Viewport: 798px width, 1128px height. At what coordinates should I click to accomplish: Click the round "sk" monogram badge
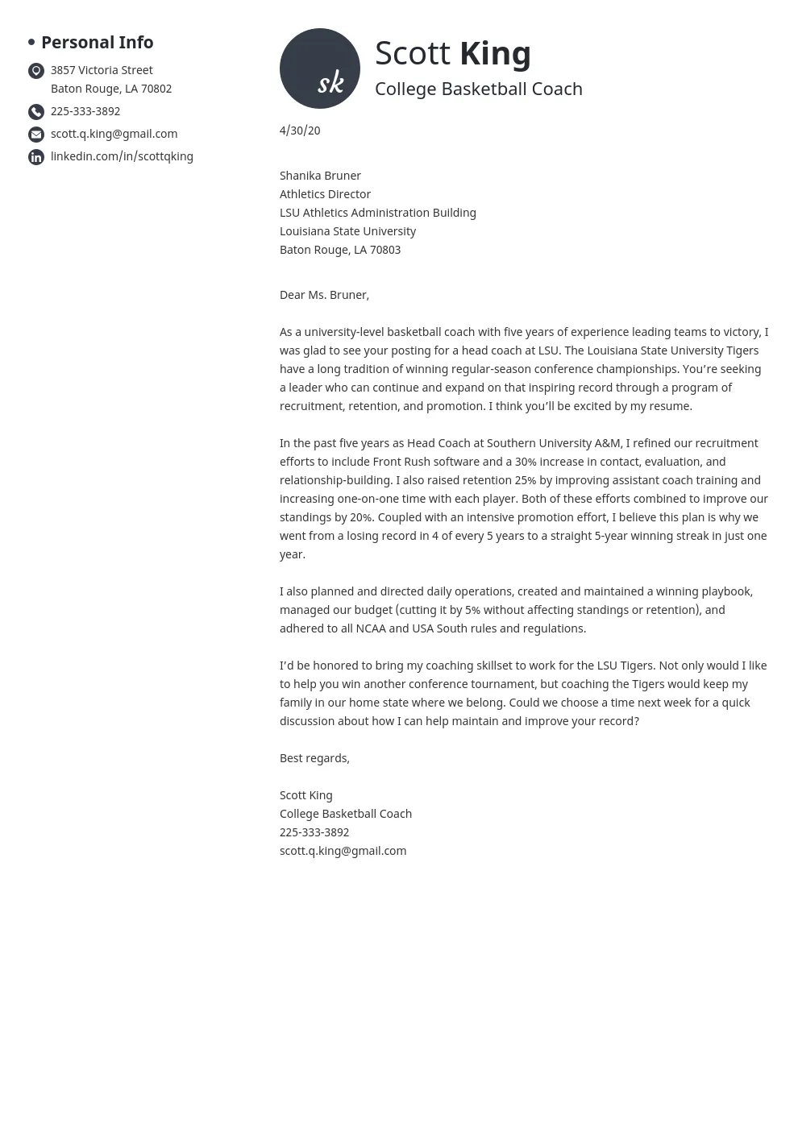coord(320,68)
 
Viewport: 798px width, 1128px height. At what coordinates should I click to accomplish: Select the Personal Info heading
coord(97,42)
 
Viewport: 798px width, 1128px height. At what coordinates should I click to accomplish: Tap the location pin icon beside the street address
coord(36,71)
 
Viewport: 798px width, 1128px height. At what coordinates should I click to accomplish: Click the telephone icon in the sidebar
coord(36,112)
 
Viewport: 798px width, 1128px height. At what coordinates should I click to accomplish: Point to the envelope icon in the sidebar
coord(36,135)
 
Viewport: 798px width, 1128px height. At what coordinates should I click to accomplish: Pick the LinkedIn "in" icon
coord(36,157)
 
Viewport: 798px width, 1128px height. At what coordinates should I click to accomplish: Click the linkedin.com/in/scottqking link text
coord(122,156)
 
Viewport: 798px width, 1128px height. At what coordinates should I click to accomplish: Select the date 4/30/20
coord(300,131)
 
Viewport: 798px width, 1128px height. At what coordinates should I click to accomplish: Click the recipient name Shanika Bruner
coord(320,176)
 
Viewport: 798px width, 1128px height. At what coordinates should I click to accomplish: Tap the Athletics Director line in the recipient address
coord(325,194)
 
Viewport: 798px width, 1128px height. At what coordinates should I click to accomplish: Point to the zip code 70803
coord(385,250)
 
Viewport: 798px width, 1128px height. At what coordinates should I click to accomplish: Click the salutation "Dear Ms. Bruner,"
coord(324,295)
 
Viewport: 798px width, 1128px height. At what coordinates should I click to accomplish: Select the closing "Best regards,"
coord(314,758)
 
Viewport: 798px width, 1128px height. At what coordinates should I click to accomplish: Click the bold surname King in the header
coord(495,53)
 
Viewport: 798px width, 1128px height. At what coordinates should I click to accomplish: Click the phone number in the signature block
coord(314,832)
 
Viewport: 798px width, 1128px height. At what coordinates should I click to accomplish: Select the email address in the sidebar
coord(114,134)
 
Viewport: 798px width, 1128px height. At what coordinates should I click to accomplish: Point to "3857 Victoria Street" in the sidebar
coord(102,70)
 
